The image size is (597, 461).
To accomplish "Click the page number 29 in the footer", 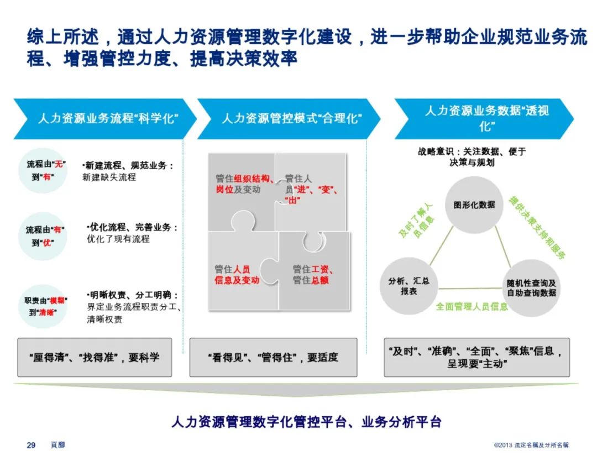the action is tap(32, 445).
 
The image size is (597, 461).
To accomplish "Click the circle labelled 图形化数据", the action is tap(474, 204).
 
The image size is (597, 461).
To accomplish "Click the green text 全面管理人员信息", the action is tap(472, 306).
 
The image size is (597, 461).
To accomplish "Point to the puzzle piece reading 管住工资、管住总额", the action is tap(313, 271).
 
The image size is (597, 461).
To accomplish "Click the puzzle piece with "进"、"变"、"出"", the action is tap(311, 188).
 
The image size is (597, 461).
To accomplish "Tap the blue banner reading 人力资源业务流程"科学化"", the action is tap(105, 118).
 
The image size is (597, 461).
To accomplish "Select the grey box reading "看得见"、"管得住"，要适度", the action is tap(273, 357).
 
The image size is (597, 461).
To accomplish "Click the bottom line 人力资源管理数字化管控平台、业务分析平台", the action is tap(306, 422).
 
